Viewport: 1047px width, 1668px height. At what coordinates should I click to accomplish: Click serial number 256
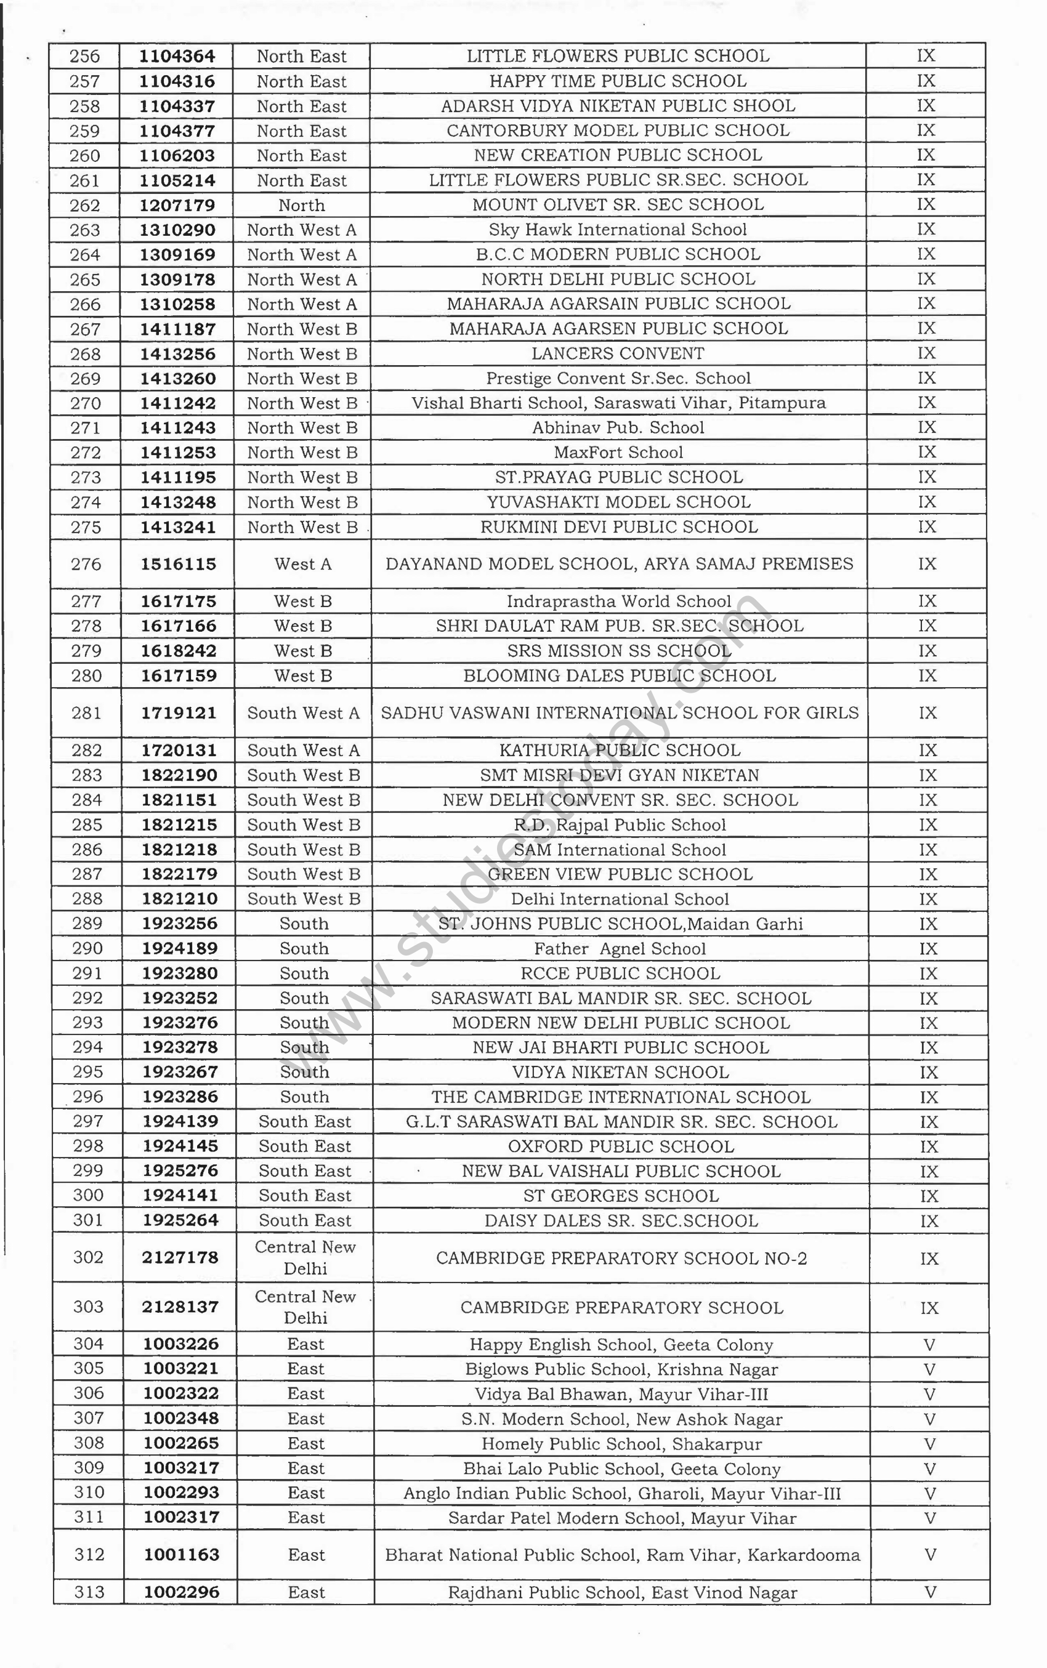tap(84, 56)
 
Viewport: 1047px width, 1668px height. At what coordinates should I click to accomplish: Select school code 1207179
tap(177, 206)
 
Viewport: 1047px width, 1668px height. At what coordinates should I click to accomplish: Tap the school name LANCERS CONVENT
tap(618, 353)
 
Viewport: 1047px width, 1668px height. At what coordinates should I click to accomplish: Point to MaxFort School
tap(618, 453)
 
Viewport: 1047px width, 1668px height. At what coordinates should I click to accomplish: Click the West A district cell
tap(302, 564)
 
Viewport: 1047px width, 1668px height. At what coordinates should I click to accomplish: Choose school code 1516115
tap(179, 564)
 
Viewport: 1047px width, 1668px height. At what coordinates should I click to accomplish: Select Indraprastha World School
tap(618, 602)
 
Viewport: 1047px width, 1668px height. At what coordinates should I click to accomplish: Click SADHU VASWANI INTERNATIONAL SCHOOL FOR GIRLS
tap(620, 713)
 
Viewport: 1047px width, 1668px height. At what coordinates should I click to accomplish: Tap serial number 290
tap(87, 948)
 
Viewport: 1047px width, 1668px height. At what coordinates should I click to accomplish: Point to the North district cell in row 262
tap(301, 206)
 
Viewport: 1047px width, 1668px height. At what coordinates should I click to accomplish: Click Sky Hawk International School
tap(618, 230)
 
